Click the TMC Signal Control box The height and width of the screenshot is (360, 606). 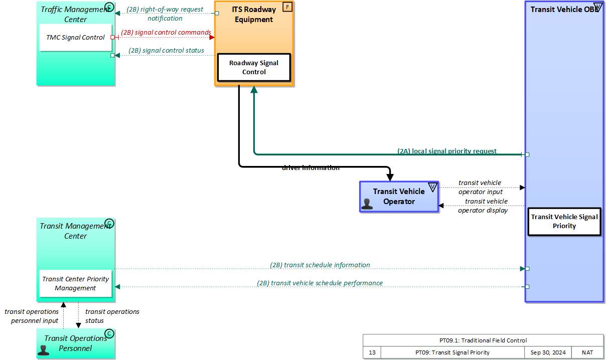pyautogui.click(x=76, y=38)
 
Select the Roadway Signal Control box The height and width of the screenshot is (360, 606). pyautogui.click(x=254, y=67)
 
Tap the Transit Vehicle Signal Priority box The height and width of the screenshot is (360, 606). pyautogui.click(x=564, y=221)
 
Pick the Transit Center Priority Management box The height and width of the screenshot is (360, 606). pyautogui.click(x=76, y=283)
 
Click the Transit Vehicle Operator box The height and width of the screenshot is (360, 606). pyautogui.click(x=399, y=197)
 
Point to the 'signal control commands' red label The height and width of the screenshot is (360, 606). pyautogui.click(x=166, y=33)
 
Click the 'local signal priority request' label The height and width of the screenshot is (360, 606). pyautogui.click(x=447, y=151)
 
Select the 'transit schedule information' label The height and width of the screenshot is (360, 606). pyautogui.click(x=320, y=265)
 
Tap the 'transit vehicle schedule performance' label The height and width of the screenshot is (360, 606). pyautogui.click(x=320, y=283)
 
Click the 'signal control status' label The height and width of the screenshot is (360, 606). pyautogui.click(x=166, y=50)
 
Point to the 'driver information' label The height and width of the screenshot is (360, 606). pyautogui.click(x=311, y=168)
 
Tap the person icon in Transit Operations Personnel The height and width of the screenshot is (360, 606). pyautogui.click(x=44, y=349)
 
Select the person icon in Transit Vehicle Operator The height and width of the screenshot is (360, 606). pyautogui.click(x=367, y=204)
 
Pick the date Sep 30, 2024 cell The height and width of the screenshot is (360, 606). pyautogui.click(x=548, y=352)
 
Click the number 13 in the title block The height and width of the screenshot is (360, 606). pyautogui.click(x=372, y=352)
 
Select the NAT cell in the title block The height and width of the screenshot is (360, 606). pyautogui.click(x=587, y=352)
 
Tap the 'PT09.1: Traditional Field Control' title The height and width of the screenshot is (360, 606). pyautogui.click(x=483, y=340)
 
